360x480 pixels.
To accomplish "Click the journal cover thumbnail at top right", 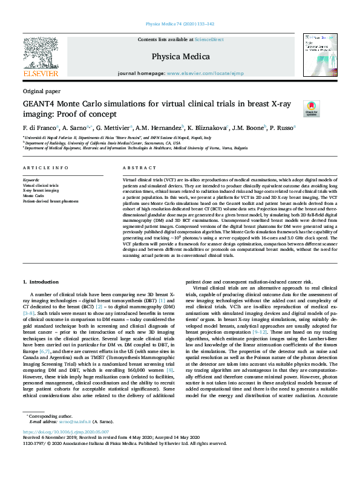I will tap(320, 54).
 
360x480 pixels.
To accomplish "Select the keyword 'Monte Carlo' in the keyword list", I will tap(34, 196).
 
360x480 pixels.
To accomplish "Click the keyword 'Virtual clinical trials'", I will tap(41, 185).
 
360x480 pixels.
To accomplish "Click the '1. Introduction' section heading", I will tap(42, 282).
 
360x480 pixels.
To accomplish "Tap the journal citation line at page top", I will tap(180, 24).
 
